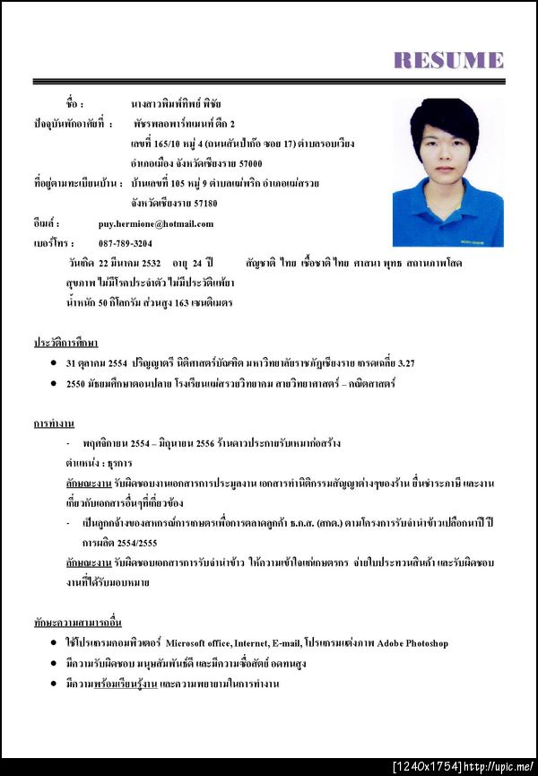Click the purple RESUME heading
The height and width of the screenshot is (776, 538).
(x=448, y=60)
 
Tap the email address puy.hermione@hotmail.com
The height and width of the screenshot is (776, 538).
(x=156, y=223)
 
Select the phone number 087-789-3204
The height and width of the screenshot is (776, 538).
(x=126, y=243)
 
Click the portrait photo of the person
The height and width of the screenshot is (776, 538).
(x=447, y=172)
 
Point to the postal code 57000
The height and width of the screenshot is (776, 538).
(x=245, y=163)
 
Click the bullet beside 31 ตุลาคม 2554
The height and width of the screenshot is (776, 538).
(x=56, y=363)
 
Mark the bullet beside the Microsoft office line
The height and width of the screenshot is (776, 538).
(x=56, y=643)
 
